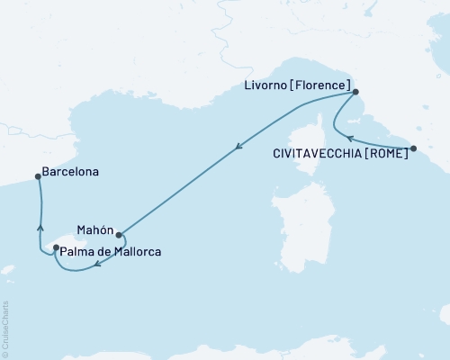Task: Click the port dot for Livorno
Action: pos(355,92)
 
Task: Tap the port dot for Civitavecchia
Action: pos(413,148)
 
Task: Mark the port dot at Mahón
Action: pos(118,230)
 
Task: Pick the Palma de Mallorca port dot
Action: pos(56,248)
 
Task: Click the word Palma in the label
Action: pos(79,253)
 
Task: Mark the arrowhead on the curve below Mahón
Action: pos(97,264)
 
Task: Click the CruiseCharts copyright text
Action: pos(6,325)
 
